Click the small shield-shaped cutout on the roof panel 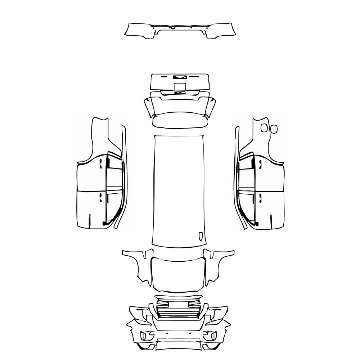click(201, 236)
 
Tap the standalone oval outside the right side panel click(274, 129)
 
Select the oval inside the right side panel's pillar click(264, 127)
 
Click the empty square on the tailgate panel click(180, 86)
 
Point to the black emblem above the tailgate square click(180, 77)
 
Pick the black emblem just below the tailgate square click(180, 93)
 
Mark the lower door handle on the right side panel click(259, 197)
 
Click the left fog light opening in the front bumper click(147, 336)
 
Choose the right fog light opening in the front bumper click(210, 336)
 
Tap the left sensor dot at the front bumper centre click(167, 333)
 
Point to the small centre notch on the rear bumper click(173, 28)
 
